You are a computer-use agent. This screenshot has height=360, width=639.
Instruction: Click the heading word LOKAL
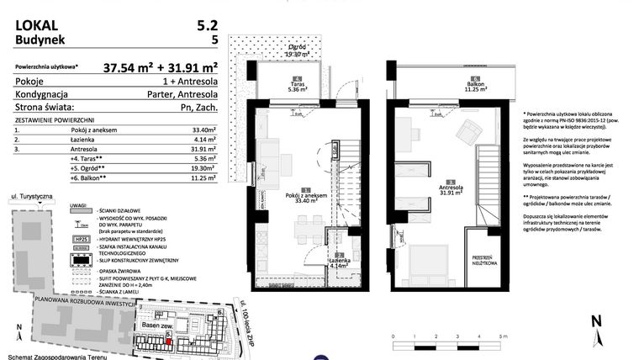click(36, 13)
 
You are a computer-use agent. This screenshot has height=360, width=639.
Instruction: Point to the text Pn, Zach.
click(198, 107)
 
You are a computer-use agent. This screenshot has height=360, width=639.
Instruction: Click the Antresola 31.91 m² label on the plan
click(451, 188)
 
